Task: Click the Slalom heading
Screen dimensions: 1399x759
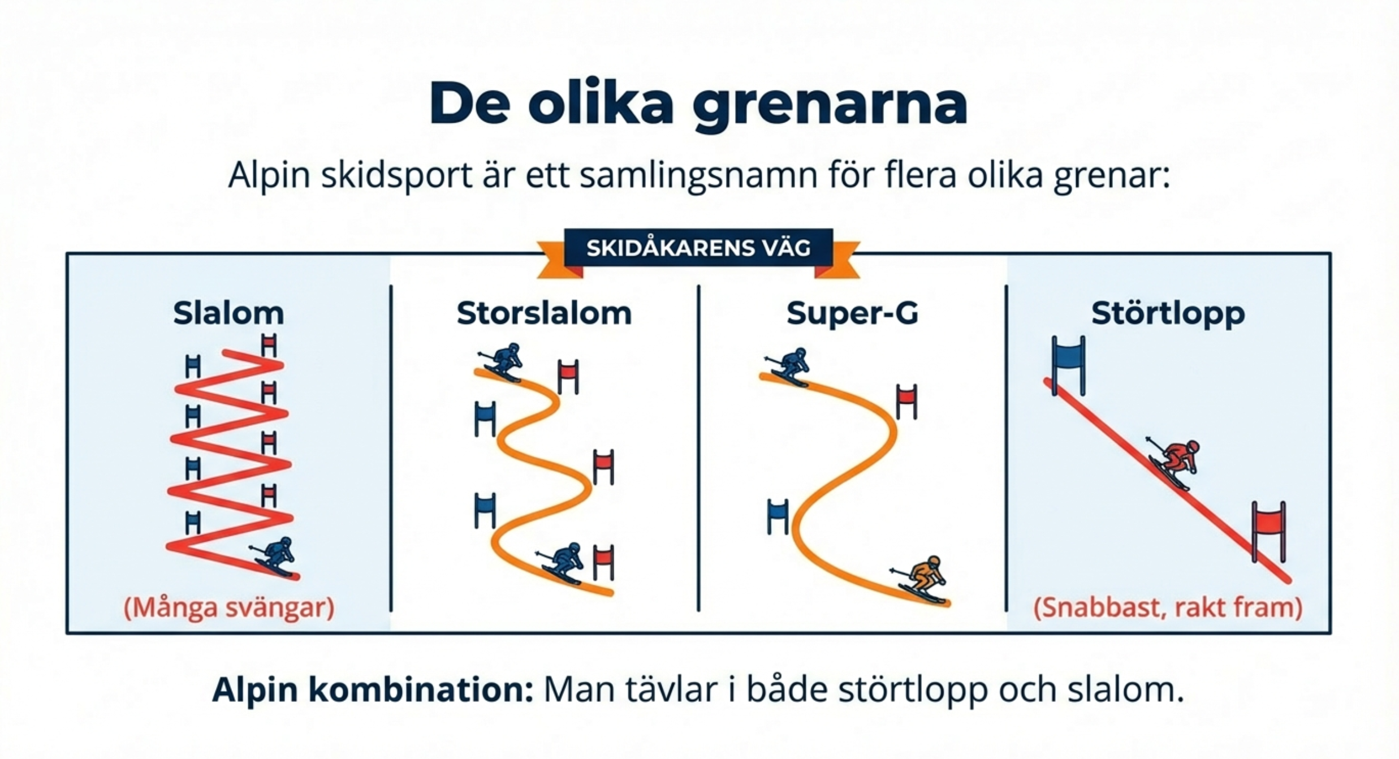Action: (228, 313)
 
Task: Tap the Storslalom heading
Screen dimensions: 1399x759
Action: (544, 313)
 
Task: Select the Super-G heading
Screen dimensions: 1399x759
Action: (852, 313)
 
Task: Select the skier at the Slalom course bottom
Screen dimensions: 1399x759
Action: (275, 557)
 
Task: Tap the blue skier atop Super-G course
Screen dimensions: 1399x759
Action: (788, 366)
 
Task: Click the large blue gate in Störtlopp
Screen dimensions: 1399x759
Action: (1068, 365)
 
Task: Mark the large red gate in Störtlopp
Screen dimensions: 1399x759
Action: (1268, 532)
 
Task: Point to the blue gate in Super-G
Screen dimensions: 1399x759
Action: (778, 516)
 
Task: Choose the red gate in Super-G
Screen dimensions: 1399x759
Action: (906, 401)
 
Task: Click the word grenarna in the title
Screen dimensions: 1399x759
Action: (830, 106)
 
